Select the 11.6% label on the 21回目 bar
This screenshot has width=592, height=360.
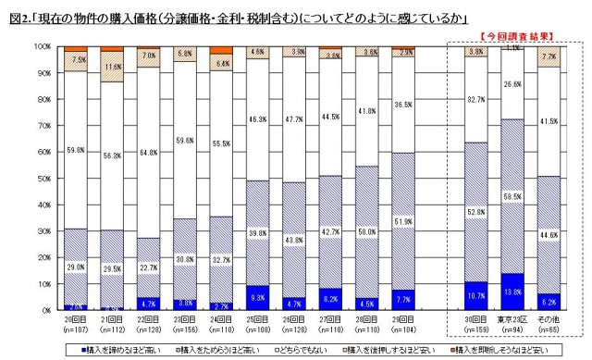[113, 68]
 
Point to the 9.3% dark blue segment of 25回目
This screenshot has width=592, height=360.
[257, 297]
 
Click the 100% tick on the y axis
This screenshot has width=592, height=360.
[41, 45]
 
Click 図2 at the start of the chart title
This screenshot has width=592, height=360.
[15, 17]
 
